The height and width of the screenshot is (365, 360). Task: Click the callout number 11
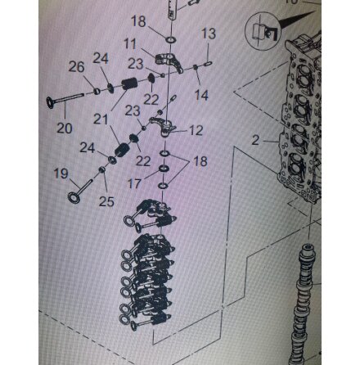[130, 44]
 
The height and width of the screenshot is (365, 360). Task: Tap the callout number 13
[209, 34]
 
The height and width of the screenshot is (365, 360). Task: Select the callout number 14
[201, 95]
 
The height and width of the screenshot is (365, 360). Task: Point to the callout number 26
[76, 67]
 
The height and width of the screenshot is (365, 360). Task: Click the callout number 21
[101, 119]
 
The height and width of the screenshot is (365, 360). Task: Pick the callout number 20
[65, 128]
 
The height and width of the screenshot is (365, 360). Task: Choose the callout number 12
[196, 130]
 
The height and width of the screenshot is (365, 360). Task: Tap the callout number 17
[134, 183]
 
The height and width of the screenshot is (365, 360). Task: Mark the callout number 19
[61, 173]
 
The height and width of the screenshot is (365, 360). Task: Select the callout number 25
[106, 201]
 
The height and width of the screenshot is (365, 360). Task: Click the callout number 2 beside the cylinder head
[255, 140]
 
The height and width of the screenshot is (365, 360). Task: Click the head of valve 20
[51, 102]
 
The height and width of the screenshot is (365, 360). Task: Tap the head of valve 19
[74, 197]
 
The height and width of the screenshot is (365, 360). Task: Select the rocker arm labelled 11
[169, 62]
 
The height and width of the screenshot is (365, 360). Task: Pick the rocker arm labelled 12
[164, 126]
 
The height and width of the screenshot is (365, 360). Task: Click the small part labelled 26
[97, 91]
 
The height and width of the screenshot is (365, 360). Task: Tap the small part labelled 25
[102, 170]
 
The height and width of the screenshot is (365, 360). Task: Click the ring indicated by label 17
[164, 169]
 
